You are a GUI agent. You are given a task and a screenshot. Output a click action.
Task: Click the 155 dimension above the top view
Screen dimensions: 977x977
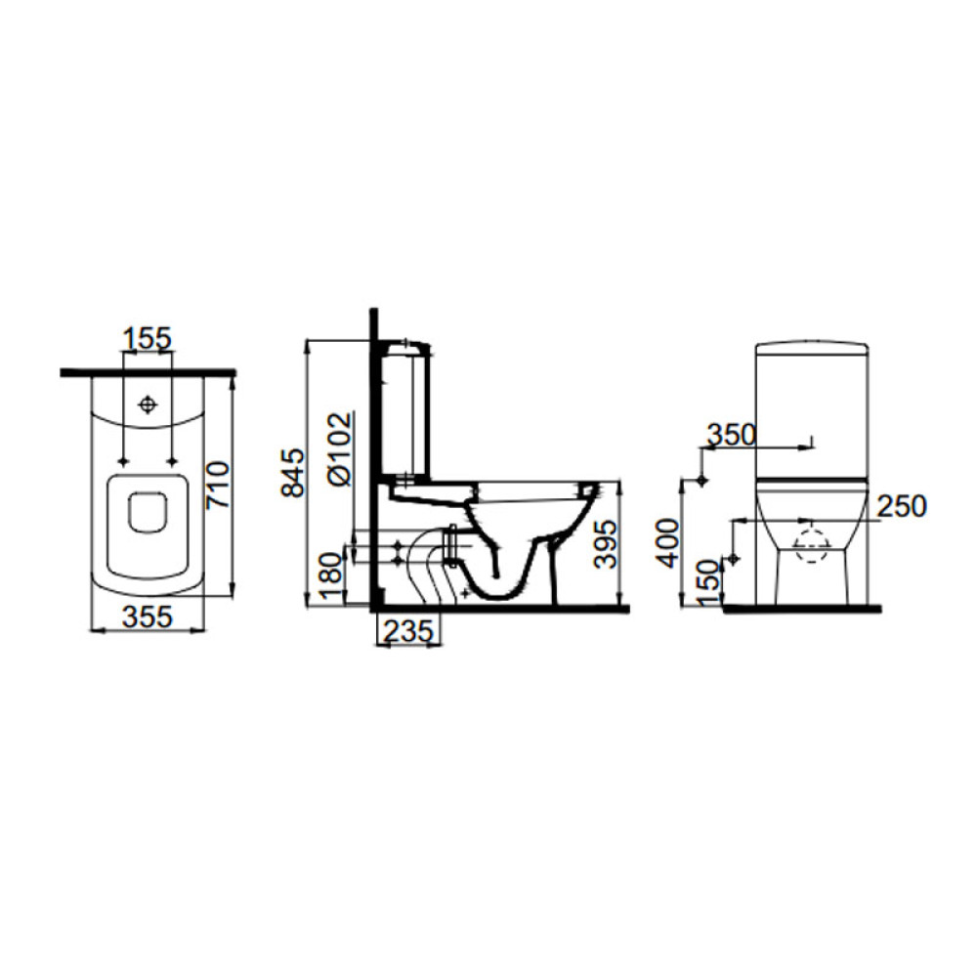coord(148,339)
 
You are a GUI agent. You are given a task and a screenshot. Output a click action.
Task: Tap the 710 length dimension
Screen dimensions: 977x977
coord(219,485)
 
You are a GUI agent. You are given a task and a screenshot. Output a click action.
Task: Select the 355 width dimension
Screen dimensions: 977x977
coord(148,616)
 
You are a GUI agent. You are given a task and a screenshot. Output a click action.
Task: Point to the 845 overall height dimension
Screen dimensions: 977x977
coord(293,472)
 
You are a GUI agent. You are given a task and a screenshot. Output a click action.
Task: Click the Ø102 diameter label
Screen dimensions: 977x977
coord(340,448)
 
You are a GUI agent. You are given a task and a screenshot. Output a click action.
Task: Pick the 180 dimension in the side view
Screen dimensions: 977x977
coord(331,575)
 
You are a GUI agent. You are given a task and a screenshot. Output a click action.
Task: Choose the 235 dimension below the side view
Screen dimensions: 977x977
coord(408,631)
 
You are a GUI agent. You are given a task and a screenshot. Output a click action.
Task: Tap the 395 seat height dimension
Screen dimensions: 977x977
coord(605,543)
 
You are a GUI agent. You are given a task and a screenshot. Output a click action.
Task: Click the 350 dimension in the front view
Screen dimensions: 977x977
coord(731,435)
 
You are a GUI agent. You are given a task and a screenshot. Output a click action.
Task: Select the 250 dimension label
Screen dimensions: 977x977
coord(902,506)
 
